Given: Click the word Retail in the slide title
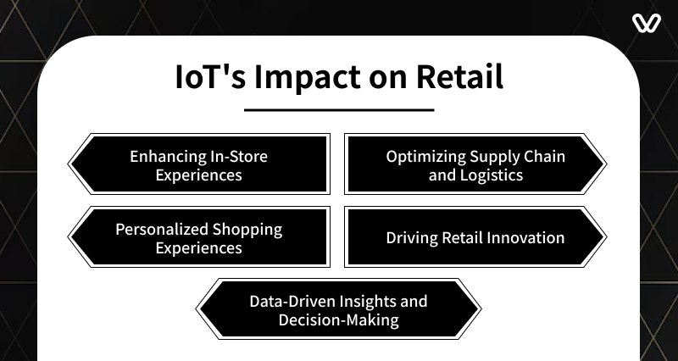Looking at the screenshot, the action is (459, 76).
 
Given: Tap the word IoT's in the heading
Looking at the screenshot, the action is (210, 76).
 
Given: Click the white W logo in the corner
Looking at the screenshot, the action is (647, 23).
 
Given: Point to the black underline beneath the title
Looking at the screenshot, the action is (339, 110).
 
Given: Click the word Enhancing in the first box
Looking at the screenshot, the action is (168, 157).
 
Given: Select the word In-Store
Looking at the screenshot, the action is (239, 156).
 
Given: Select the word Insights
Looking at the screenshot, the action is (368, 302).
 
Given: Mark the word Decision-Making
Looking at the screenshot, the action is (338, 320).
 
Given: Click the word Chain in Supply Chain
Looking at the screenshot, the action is (544, 156).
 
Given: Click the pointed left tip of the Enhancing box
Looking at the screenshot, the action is (68, 164).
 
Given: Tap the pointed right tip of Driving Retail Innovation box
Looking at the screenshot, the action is (607, 237).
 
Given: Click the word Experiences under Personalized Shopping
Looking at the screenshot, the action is (199, 248).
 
